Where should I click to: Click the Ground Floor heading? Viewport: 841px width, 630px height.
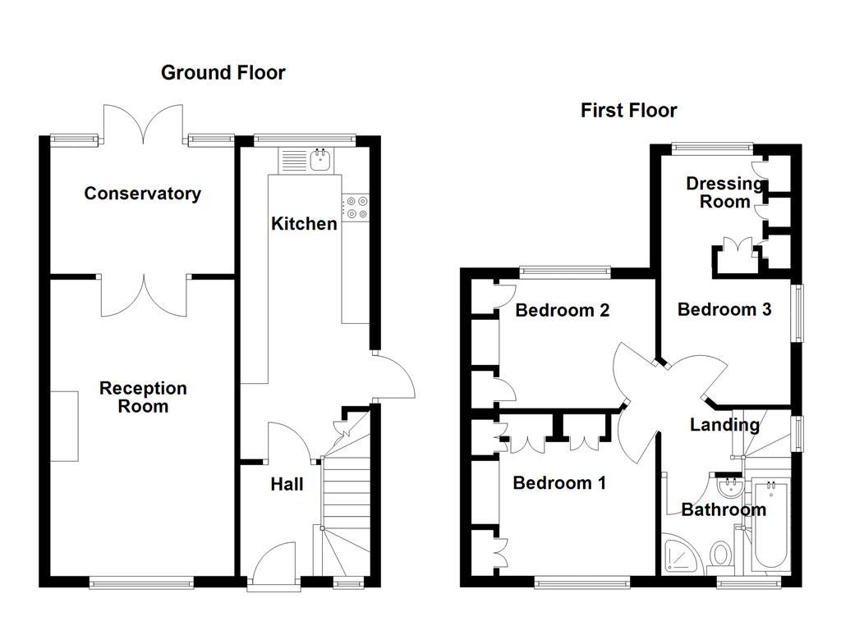[223, 72]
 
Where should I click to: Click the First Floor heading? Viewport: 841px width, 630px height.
[628, 110]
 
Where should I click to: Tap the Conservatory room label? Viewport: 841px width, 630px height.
[142, 194]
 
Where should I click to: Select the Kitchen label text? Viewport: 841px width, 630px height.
[304, 223]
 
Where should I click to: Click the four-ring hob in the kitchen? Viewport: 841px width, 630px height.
[356, 208]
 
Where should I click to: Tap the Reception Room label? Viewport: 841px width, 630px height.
[143, 397]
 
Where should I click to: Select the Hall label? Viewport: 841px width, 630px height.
[287, 484]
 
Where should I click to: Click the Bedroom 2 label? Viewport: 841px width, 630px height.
[562, 310]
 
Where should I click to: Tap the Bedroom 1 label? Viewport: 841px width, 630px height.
[558, 482]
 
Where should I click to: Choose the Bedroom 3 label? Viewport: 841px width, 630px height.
[724, 309]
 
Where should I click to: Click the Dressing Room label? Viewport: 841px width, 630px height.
[724, 192]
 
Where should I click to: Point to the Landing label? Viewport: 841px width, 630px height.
[724, 425]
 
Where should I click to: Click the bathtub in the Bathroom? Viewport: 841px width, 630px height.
[770, 527]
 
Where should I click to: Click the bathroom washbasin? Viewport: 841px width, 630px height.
[728, 489]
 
